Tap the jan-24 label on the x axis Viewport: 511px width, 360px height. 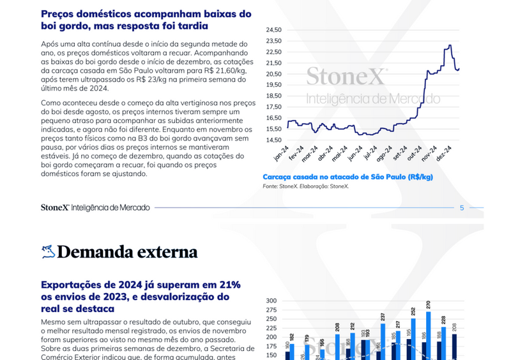pos(280,153)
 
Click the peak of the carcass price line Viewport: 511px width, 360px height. pos(450,45)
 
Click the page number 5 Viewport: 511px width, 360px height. pos(462,207)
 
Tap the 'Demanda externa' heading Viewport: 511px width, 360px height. pos(127,251)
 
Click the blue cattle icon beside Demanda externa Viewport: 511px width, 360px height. pos(47,251)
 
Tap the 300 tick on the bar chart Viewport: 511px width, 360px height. pos(271,301)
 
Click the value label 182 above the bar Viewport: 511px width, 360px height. pos(292,337)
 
